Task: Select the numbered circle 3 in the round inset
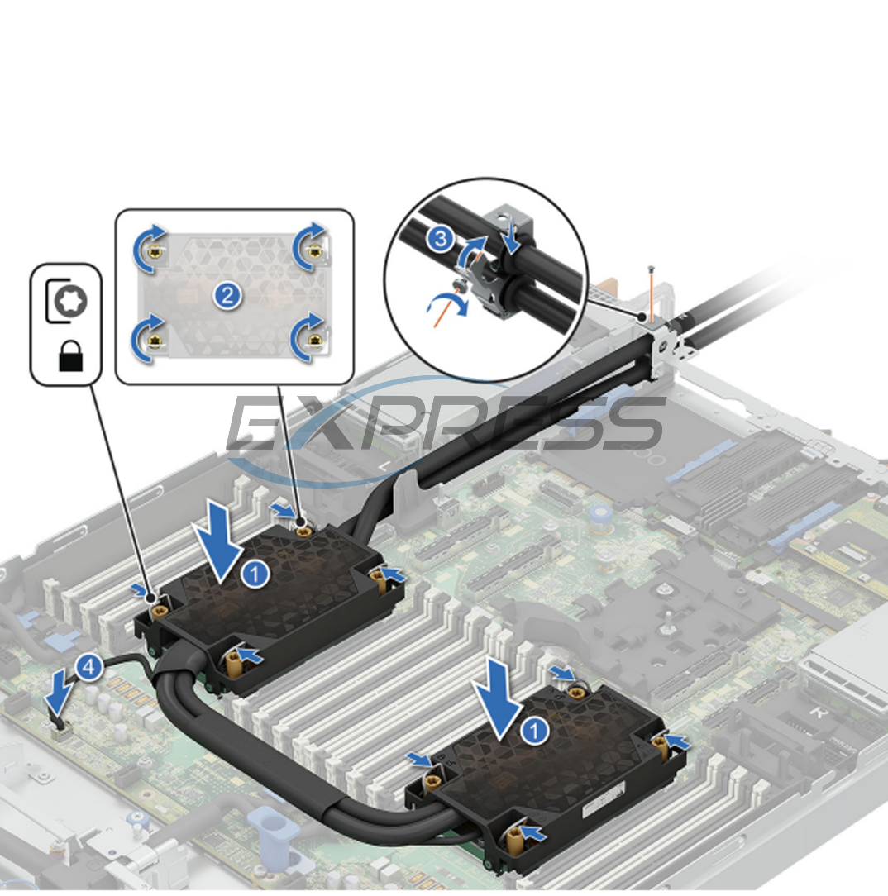441,241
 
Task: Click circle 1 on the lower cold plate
537,730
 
